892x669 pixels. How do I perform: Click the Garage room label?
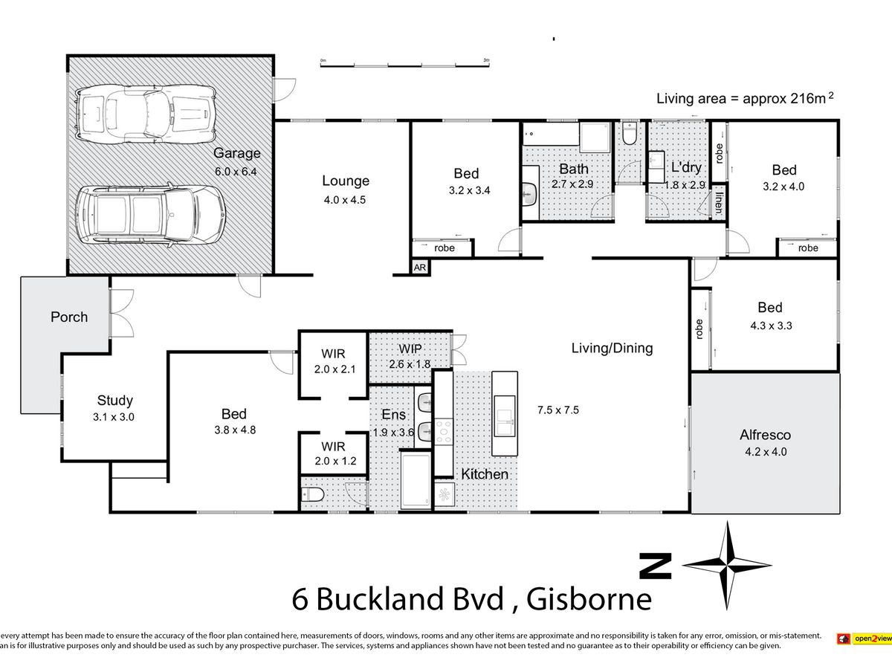coord(237,153)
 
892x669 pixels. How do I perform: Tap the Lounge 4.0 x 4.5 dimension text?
coord(345,200)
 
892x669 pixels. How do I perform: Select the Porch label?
coord(69,317)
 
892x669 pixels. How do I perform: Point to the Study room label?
coord(115,401)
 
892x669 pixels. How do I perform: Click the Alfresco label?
coord(765,435)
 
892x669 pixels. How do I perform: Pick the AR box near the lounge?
coord(420,268)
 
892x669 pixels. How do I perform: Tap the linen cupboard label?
coord(719,203)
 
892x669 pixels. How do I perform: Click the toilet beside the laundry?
coord(630,133)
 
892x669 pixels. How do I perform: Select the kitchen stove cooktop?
coord(444,431)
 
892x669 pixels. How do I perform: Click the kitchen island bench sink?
coord(504,421)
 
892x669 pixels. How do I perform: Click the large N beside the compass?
coord(655,566)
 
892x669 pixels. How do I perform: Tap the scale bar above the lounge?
coord(405,64)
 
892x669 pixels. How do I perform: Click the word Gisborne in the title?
coord(589,599)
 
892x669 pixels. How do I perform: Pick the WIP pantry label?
coord(410,349)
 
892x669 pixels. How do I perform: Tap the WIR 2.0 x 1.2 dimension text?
coord(335,461)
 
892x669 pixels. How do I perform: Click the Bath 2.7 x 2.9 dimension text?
coord(572,184)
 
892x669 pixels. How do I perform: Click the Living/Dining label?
coord(612,349)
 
